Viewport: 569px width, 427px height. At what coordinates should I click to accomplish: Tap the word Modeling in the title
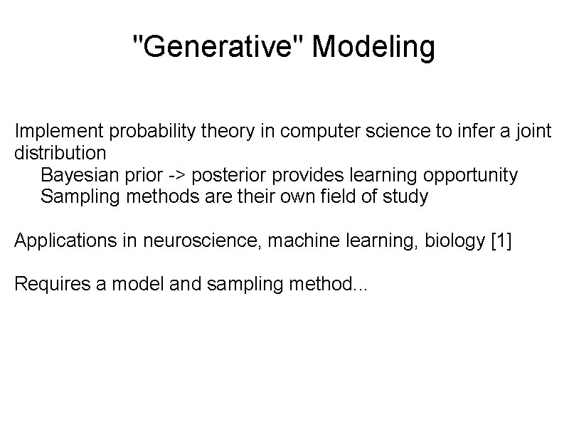pyautogui.click(x=373, y=48)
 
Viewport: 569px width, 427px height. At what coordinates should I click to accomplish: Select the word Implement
pyautogui.click(x=59, y=132)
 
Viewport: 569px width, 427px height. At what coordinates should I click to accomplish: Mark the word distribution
pyautogui.click(x=60, y=152)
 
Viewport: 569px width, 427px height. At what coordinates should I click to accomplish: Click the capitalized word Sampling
pyautogui.click(x=80, y=197)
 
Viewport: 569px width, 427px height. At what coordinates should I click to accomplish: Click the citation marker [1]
pyautogui.click(x=501, y=241)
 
